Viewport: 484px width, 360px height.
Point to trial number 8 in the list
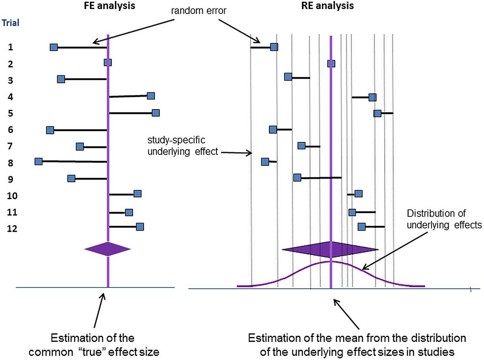click(11, 163)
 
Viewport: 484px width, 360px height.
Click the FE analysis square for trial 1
click(54, 47)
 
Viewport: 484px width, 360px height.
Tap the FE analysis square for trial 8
click(39, 161)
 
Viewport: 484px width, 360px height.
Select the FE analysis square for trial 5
click(155, 113)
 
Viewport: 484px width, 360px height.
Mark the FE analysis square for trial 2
click(108, 62)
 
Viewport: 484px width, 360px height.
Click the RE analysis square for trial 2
click(331, 63)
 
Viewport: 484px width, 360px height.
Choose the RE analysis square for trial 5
click(377, 113)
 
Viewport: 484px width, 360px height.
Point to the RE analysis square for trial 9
click(297, 178)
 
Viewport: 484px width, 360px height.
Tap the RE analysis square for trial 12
click(362, 227)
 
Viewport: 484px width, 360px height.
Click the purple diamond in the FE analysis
click(108, 249)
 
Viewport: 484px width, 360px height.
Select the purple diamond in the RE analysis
click(331, 249)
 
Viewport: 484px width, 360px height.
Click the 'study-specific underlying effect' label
click(183, 146)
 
